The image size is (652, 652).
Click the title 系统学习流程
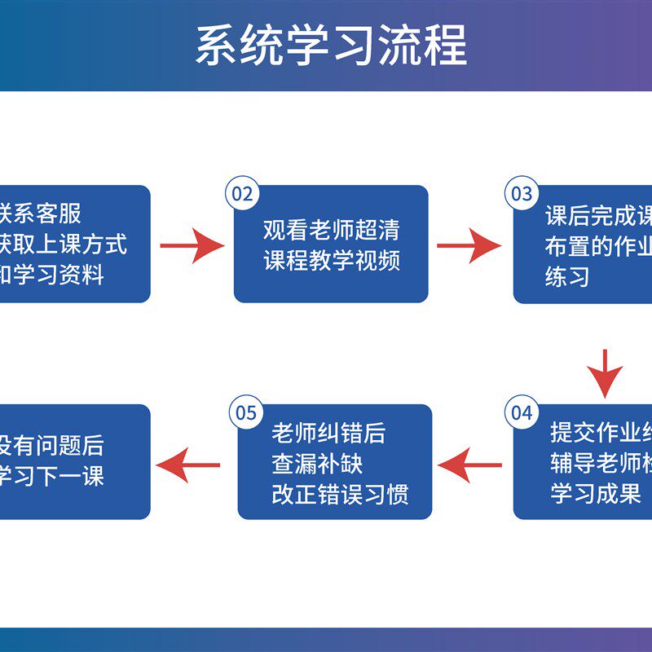[x=330, y=45]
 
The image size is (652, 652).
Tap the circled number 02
[x=243, y=194]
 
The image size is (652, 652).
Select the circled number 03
[x=521, y=194]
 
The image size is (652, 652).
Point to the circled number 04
[x=521, y=412]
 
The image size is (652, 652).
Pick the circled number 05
[x=245, y=412]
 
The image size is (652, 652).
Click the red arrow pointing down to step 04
[x=605, y=373]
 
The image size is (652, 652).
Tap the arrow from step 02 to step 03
[x=469, y=244]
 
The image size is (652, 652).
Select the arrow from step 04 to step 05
[x=469, y=466]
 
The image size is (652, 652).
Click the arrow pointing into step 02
[x=192, y=244]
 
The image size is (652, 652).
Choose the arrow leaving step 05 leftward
[x=188, y=466]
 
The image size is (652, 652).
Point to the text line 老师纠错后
[x=328, y=433]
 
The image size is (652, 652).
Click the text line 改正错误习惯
[x=340, y=494]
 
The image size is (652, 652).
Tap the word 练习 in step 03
[x=567, y=277]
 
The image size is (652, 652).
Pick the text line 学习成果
[x=589, y=494]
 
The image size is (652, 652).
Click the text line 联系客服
[x=41, y=214]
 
